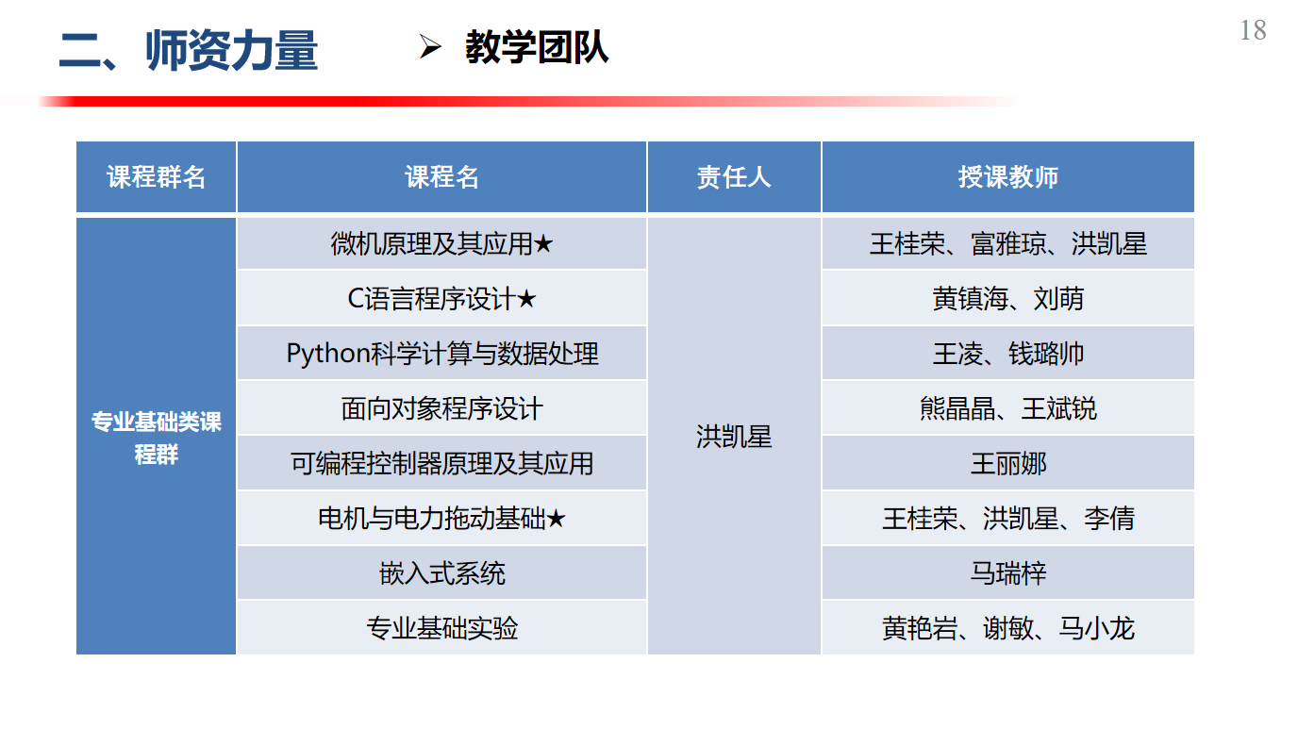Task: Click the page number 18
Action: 1253,30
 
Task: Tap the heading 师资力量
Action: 231,50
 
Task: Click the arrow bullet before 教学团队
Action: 430,47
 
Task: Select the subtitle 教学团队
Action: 537,47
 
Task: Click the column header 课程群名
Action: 156,176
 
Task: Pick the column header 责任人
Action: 734,176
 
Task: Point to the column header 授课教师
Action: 1007,176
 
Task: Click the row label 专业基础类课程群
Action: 156,438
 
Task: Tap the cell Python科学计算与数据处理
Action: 441,354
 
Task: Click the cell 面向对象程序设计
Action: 441,408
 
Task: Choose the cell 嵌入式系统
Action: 441,573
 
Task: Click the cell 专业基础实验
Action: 441,628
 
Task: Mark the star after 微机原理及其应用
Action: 543,244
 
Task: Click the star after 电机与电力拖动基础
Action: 555,519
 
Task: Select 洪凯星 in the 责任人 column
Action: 734,437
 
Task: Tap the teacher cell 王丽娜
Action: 1008,464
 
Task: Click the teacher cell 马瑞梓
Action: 1008,573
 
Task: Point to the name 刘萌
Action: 1058,299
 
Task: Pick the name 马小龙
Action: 1096,628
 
